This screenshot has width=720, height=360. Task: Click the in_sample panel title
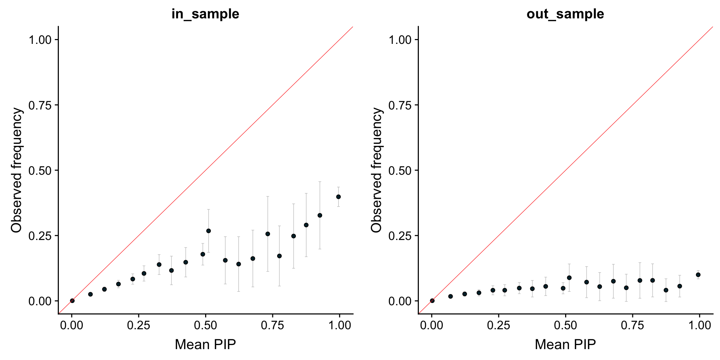pos(205,14)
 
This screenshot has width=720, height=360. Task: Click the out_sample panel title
pos(565,14)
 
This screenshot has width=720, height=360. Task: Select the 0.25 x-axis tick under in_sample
pos(139,325)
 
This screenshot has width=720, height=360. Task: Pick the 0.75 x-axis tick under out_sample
pos(632,325)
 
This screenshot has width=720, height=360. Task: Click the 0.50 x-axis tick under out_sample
pos(565,325)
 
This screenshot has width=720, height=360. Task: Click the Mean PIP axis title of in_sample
pos(205,344)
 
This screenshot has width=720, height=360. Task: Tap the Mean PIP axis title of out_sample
pos(565,344)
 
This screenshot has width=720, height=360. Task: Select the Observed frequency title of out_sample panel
pos(376,170)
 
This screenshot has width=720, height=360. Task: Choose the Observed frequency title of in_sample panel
pos(16,170)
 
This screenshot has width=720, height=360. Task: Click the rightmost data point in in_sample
pos(338,196)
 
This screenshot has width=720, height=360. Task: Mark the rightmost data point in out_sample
pos(698,274)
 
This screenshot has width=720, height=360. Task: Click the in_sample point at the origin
pos(72,301)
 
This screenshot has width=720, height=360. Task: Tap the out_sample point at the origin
pos(432,301)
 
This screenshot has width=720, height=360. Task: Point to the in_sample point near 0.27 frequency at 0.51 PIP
pos(208,231)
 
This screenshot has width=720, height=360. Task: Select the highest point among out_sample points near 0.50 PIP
pos(569,277)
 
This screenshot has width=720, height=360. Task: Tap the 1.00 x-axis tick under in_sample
pos(339,325)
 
